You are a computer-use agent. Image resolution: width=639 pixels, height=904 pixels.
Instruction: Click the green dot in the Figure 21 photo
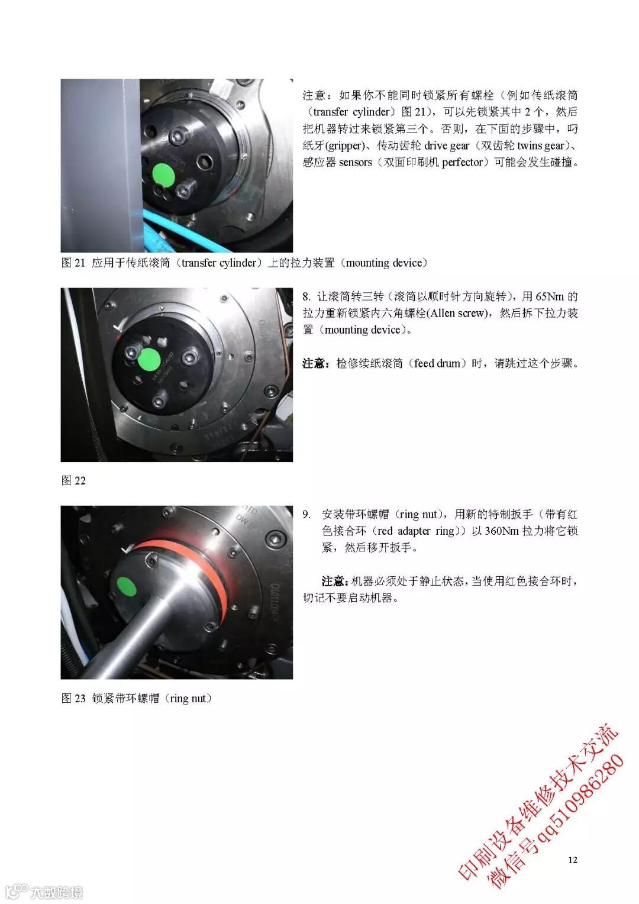(163, 176)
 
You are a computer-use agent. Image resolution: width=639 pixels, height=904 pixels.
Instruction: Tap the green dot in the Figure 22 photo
(149, 359)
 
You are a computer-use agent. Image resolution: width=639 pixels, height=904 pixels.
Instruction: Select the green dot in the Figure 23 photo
(127, 586)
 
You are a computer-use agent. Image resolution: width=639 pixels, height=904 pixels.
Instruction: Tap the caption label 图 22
(73, 480)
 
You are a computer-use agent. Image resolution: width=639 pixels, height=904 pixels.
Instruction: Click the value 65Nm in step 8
(550, 296)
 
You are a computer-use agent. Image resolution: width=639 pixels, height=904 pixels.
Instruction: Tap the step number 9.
(307, 514)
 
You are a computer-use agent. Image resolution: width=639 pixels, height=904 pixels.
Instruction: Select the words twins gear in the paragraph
(541, 146)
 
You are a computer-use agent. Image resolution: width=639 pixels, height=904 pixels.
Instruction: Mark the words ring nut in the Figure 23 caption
(188, 698)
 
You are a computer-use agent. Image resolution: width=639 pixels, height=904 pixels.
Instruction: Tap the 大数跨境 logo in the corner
(45, 892)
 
